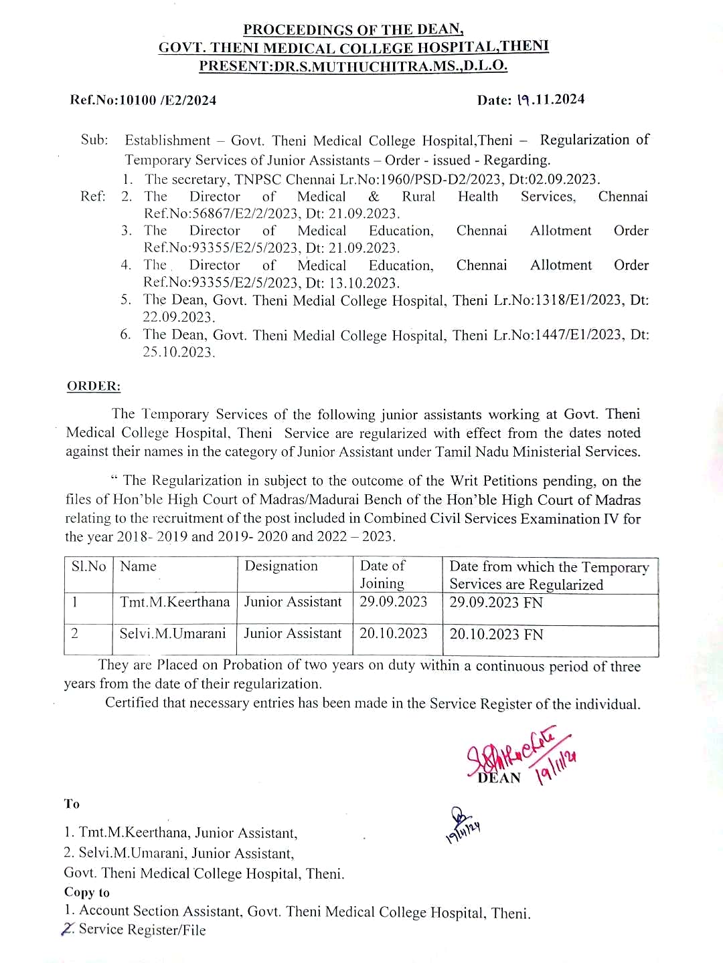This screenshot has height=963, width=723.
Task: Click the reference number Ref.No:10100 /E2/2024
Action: pos(143,100)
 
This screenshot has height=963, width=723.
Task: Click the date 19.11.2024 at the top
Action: pos(550,100)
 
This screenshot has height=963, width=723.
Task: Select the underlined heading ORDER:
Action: pos(94,386)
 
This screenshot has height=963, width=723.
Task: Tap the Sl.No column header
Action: pos(88,566)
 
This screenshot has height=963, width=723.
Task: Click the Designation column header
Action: pos(281,566)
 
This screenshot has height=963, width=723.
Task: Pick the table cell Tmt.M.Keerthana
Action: pos(175,602)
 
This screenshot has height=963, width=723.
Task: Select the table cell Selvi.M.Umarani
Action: pos(173,633)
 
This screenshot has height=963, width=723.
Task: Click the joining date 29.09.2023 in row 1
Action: pos(393,602)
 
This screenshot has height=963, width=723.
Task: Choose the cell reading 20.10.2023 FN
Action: pos(496,634)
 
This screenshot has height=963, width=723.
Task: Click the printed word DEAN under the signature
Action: pos(499,778)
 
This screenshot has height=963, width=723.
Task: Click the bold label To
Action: pos(72,804)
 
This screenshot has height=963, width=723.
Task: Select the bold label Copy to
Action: pos(87,892)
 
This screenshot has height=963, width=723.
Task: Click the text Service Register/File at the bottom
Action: pos(142,930)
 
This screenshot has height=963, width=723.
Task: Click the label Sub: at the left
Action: pos(94,140)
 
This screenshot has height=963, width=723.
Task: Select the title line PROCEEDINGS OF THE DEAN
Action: pos(353,29)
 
